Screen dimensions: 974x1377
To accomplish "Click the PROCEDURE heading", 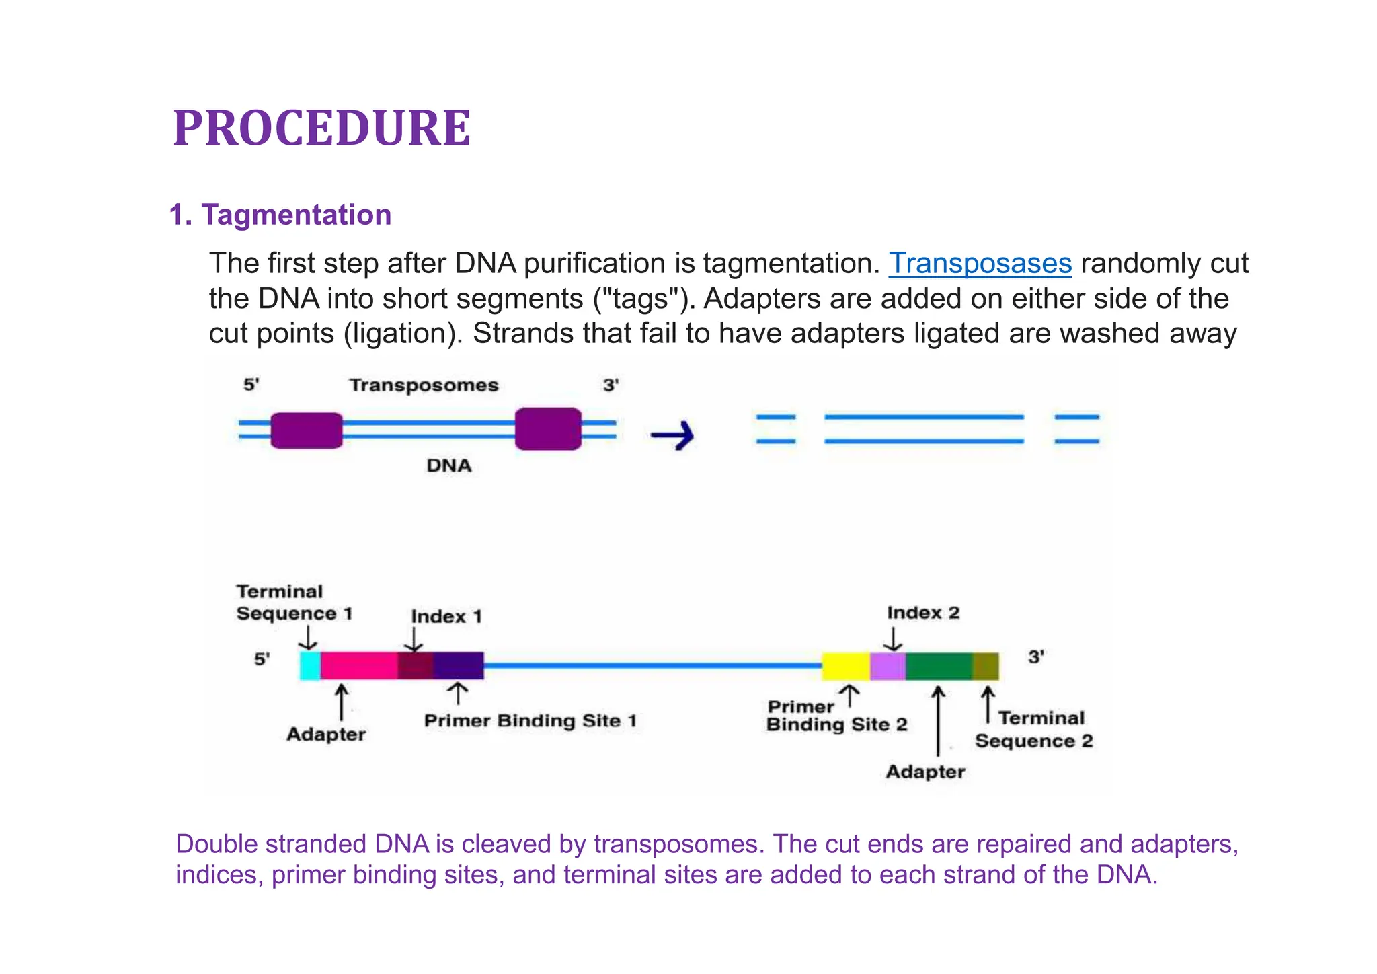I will (x=321, y=128).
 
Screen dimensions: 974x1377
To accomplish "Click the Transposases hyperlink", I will (x=980, y=263).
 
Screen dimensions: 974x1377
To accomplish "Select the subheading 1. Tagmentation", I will (x=280, y=215).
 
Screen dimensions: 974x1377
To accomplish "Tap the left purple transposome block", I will (x=307, y=430).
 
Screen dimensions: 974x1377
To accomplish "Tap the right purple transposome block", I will (x=548, y=428).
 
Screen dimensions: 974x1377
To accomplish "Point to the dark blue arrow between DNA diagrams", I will (x=672, y=435).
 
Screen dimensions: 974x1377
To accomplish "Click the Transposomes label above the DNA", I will (x=424, y=385).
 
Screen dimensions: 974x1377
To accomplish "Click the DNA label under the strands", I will (x=448, y=465).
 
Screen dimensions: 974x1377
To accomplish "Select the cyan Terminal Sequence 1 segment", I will (x=310, y=666).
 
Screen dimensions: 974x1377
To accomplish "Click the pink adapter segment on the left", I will (x=358, y=666).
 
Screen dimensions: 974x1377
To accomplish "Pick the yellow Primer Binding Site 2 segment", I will (x=846, y=666).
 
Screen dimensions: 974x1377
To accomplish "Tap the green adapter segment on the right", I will (x=939, y=666).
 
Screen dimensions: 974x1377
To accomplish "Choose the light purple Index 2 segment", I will (x=888, y=666).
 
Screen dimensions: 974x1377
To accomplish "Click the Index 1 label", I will (x=446, y=617).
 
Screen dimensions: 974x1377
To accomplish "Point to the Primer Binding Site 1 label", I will (x=530, y=721).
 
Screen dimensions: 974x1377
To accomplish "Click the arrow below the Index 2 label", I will (x=893, y=639).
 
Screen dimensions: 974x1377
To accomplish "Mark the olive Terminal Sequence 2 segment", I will (x=986, y=666).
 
